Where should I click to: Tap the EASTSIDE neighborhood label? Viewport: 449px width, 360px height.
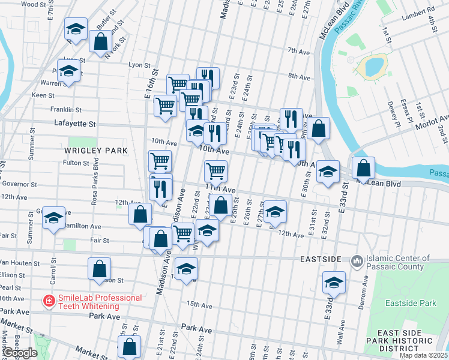(321, 259)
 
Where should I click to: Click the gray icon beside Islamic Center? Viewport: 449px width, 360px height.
(357, 260)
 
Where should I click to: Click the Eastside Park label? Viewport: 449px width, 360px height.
(411, 303)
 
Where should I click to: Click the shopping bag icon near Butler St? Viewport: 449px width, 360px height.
(100, 41)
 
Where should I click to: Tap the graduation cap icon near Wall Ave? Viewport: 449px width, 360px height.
(334, 282)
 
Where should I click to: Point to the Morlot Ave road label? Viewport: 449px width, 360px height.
(436, 122)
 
